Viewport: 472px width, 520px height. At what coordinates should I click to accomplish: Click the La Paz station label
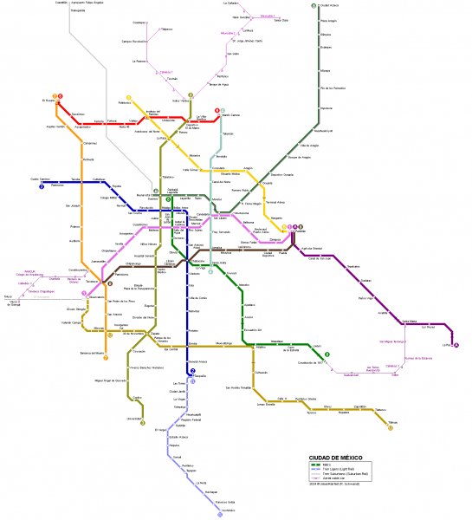[x=447, y=344]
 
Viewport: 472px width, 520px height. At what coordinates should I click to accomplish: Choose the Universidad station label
[x=133, y=417]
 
